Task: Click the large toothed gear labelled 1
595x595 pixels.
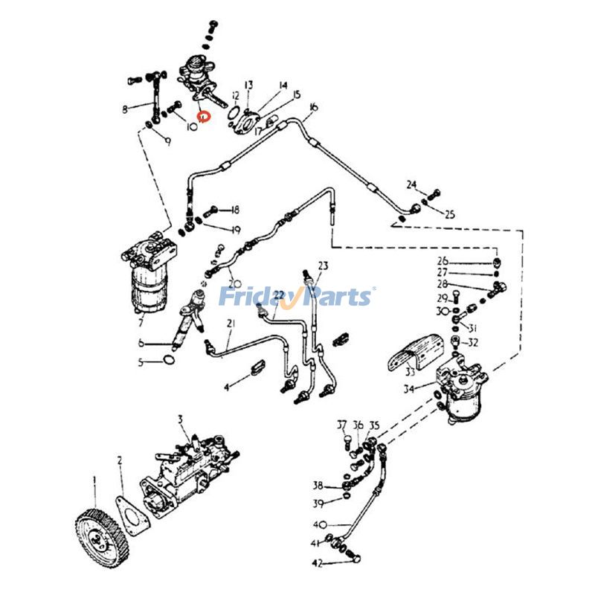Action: [x=102, y=535]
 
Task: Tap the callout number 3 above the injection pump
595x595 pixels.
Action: [x=179, y=420]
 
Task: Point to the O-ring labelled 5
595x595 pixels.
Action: [x=170, y=361]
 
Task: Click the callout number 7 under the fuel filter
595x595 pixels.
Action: [x=140, y=324]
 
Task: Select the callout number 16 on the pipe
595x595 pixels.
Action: [x=312, y=108]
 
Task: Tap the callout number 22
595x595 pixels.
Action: [x=279, y=295]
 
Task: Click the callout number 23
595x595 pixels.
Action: [x=323, y=266]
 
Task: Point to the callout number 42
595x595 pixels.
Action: [x=317, y=564]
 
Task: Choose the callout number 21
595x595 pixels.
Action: [x=210, y=323]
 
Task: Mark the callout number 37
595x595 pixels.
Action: [x=342, y=425]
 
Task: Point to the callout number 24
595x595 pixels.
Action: [x=412, y=184]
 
